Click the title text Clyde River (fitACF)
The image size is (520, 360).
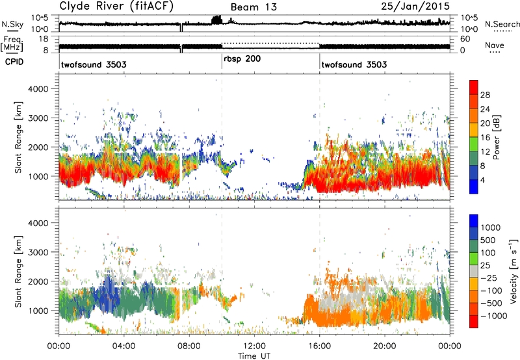[x=116, y=6]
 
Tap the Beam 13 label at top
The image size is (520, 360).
[x=253, y=7]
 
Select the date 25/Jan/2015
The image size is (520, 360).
[x=415, y=6]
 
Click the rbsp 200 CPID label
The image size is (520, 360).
[x=242, y=58]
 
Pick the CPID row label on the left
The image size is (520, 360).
[x=14, y=62]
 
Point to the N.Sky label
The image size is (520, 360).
[x=12, y=24]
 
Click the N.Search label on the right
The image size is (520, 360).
[x=502, y=24]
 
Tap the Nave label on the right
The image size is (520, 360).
[x=495, y=45]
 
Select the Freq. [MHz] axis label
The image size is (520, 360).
[x=13, y=44]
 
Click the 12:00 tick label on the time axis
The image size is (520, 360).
[x=254, y=346]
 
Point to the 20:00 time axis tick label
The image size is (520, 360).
[x=384, y=346]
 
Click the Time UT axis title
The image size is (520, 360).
[x=254, y=356]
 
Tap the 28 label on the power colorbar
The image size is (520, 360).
[x=485, y=95]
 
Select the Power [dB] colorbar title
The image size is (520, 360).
[x=496, y=137]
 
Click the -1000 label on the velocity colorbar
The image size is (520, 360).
[x=494, y=316]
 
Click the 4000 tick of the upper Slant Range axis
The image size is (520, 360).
[x=38, y=89]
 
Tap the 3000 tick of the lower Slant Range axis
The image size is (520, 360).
[x=38, y=252]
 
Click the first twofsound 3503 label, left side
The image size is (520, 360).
[x=94, y=64]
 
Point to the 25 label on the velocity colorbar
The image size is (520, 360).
[x=485, y=265]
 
